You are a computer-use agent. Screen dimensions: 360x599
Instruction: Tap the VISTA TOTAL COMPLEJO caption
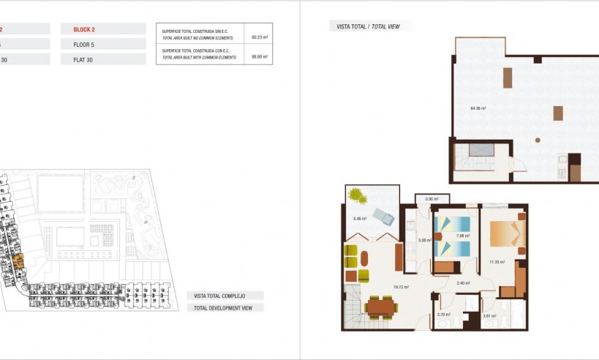pos(219,296)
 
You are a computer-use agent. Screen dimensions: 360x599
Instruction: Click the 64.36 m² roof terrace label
pos(478,108)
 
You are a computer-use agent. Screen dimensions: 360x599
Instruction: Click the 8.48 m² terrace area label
pos(360,218)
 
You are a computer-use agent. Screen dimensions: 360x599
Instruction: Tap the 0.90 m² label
pos(432,198)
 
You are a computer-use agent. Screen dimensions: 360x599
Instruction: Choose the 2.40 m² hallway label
pos(462,282)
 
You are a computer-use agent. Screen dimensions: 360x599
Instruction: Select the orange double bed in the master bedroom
pos(507,233)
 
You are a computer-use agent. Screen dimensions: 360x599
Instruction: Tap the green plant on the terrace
pos(357,195)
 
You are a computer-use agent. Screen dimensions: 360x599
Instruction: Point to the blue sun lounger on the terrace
pos(383,215)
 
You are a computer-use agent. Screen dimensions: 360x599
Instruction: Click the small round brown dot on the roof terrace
pos(538,139)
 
